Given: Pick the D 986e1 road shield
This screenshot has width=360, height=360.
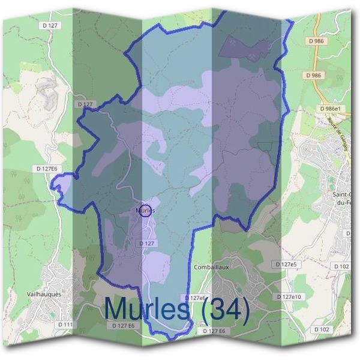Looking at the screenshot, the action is coord(331,109).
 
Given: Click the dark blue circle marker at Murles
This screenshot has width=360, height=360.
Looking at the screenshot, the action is coord(145,211).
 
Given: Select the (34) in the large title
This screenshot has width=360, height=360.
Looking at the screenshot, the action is coord(225,309).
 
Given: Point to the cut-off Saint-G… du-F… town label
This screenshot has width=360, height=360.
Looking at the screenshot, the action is coord(346,199).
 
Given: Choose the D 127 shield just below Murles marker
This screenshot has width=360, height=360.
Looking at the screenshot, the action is coord(146,243).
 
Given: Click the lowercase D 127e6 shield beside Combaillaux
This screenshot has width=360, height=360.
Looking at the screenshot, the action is coord(196,298).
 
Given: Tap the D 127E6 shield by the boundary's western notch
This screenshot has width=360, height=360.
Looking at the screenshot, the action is coord(46,169).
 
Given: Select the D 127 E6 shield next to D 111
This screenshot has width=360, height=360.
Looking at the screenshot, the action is coord(124,325).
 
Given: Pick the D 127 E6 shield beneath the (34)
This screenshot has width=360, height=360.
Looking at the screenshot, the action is coord(214,331).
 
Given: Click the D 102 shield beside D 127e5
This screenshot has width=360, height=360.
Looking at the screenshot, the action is coord(341,266).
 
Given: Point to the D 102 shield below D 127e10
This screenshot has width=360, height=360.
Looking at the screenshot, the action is coord(322,329).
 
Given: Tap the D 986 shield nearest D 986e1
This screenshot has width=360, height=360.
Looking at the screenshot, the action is coord(313,76).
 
